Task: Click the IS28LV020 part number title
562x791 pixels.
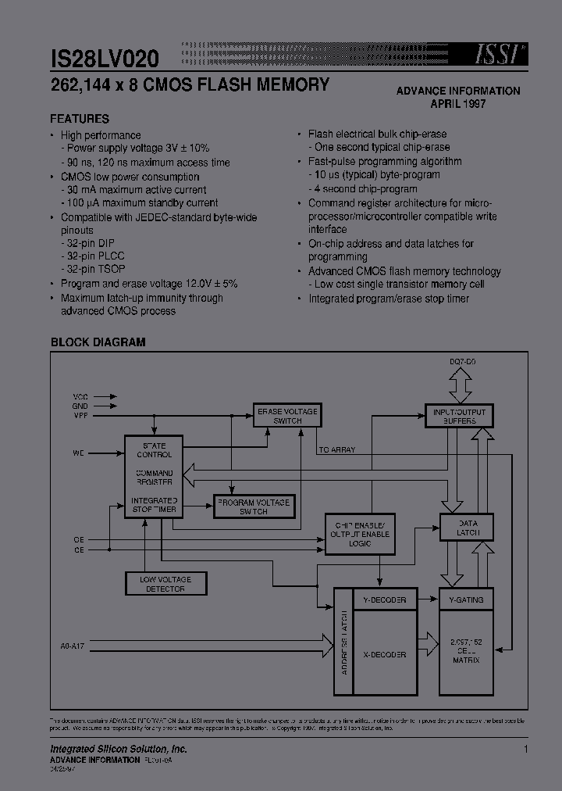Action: (105, 58)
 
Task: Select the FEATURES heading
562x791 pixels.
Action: (80, 119)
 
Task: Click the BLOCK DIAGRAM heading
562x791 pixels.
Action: (98, 342)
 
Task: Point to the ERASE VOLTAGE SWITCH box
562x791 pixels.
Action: (287, 416)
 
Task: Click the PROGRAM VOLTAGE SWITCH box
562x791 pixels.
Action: (253, 506)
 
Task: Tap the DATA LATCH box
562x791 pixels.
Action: (467, 528)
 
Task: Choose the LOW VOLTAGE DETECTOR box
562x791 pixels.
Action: (165, 583)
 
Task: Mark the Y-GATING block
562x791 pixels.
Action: (467, 600)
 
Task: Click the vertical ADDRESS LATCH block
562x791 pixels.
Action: (343, 642)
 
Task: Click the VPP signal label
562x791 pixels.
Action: (81, 416)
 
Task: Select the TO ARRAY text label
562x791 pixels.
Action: (337, 449)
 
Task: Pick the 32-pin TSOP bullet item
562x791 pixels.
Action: (94, 270)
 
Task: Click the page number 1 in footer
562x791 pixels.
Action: (526, 750)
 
